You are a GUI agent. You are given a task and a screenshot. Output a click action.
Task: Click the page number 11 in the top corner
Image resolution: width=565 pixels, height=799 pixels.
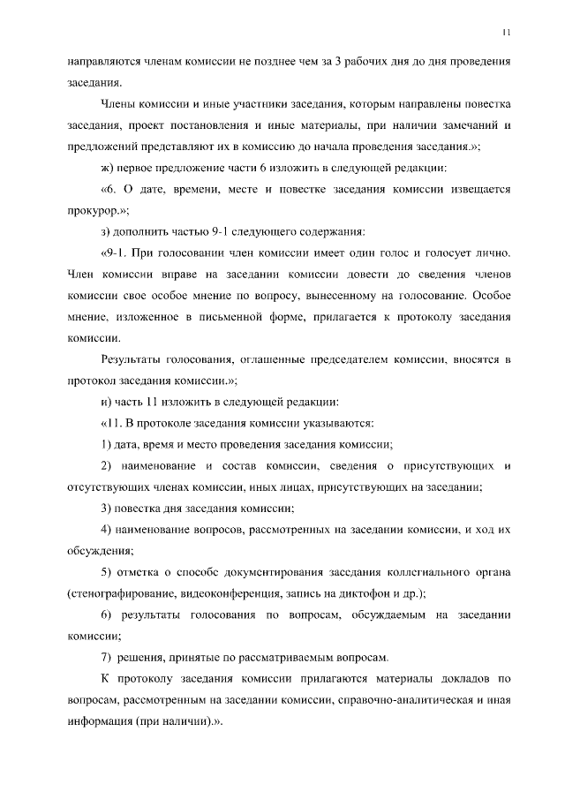[x=506, y=33]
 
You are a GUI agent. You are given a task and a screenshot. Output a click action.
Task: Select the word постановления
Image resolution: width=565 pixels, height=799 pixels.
[x=220, y=125]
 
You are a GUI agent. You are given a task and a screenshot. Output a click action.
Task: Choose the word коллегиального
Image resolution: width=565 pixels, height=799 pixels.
[x=426, y=571]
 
